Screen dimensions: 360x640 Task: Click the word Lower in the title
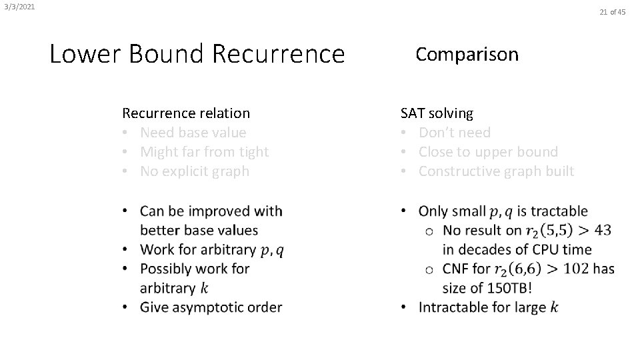85,54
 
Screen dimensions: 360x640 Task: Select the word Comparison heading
467,54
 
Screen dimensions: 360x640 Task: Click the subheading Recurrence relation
186,113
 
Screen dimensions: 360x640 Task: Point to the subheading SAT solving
437,113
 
